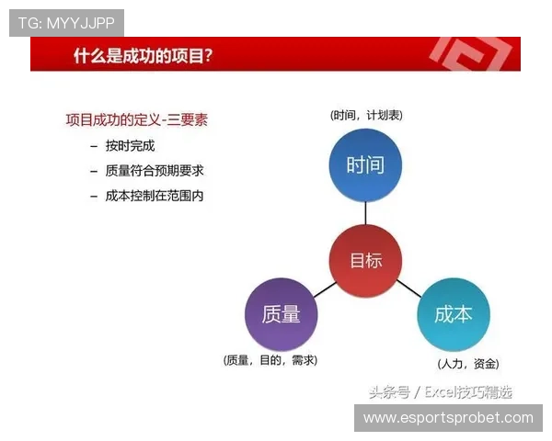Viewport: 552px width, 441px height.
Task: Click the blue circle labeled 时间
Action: point(365,165)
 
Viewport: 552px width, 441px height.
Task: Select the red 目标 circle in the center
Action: point(365,260)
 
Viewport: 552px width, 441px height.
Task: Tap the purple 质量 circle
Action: point(282,314)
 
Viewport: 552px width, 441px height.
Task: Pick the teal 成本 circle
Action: point(453,314)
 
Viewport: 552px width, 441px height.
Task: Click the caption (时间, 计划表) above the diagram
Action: point(366,116)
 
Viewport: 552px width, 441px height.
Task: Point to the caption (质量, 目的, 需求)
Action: point(270,361)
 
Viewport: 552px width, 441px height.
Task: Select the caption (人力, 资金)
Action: point(468,364)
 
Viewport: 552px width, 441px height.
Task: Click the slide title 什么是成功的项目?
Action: point(144,57)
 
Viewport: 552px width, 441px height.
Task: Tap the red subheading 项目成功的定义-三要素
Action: point(136,119)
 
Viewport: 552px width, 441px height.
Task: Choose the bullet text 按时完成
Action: point(130,146)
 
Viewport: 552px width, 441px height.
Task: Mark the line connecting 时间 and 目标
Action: point(365,212)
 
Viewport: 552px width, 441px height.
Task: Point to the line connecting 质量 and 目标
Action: point(324,288)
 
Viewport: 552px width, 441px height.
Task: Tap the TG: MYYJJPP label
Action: point(66,23)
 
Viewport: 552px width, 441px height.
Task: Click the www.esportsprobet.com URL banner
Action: point(448,418)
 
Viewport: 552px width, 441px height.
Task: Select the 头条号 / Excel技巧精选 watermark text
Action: point(441,392)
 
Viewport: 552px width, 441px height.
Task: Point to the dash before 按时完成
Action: point(94,146)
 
